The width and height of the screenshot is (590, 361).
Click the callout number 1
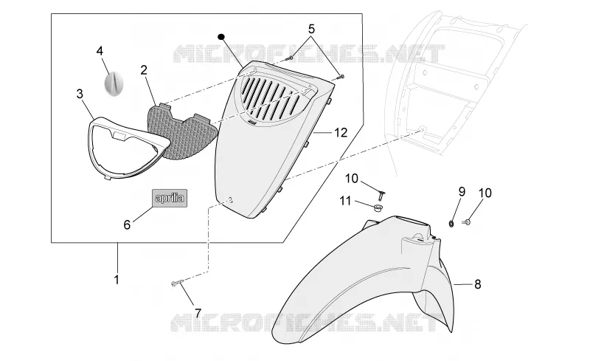click(x=117, y=280)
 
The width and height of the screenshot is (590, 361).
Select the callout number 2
click(x=144, y=70)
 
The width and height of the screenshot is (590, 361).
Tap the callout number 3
click(x=80, y=94)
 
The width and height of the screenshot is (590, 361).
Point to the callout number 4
click(x=100, y=50)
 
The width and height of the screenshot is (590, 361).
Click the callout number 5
click(x=311, y=29)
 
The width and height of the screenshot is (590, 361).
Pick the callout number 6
click(x=127, y=225)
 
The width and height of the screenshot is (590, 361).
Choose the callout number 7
click(x=198, y=313)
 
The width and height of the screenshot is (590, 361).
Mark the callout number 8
click(x=477, y=284)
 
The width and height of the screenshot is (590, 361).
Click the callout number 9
click(x=462, y=192)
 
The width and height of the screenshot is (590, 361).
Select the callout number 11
click(x=345, y=202)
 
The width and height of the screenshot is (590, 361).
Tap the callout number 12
click(x=341, y=133)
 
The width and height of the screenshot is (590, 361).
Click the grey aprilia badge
click(x=170, y=198)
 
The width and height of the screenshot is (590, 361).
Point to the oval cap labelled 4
click(x=113, y=83)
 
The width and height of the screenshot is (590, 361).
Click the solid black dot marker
click(x=221, y=37)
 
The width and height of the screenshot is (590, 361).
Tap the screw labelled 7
click(x=177, y=283)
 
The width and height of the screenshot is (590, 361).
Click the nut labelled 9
click(x=451, y=224)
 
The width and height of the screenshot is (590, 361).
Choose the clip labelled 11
click(x=377, y=207)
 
